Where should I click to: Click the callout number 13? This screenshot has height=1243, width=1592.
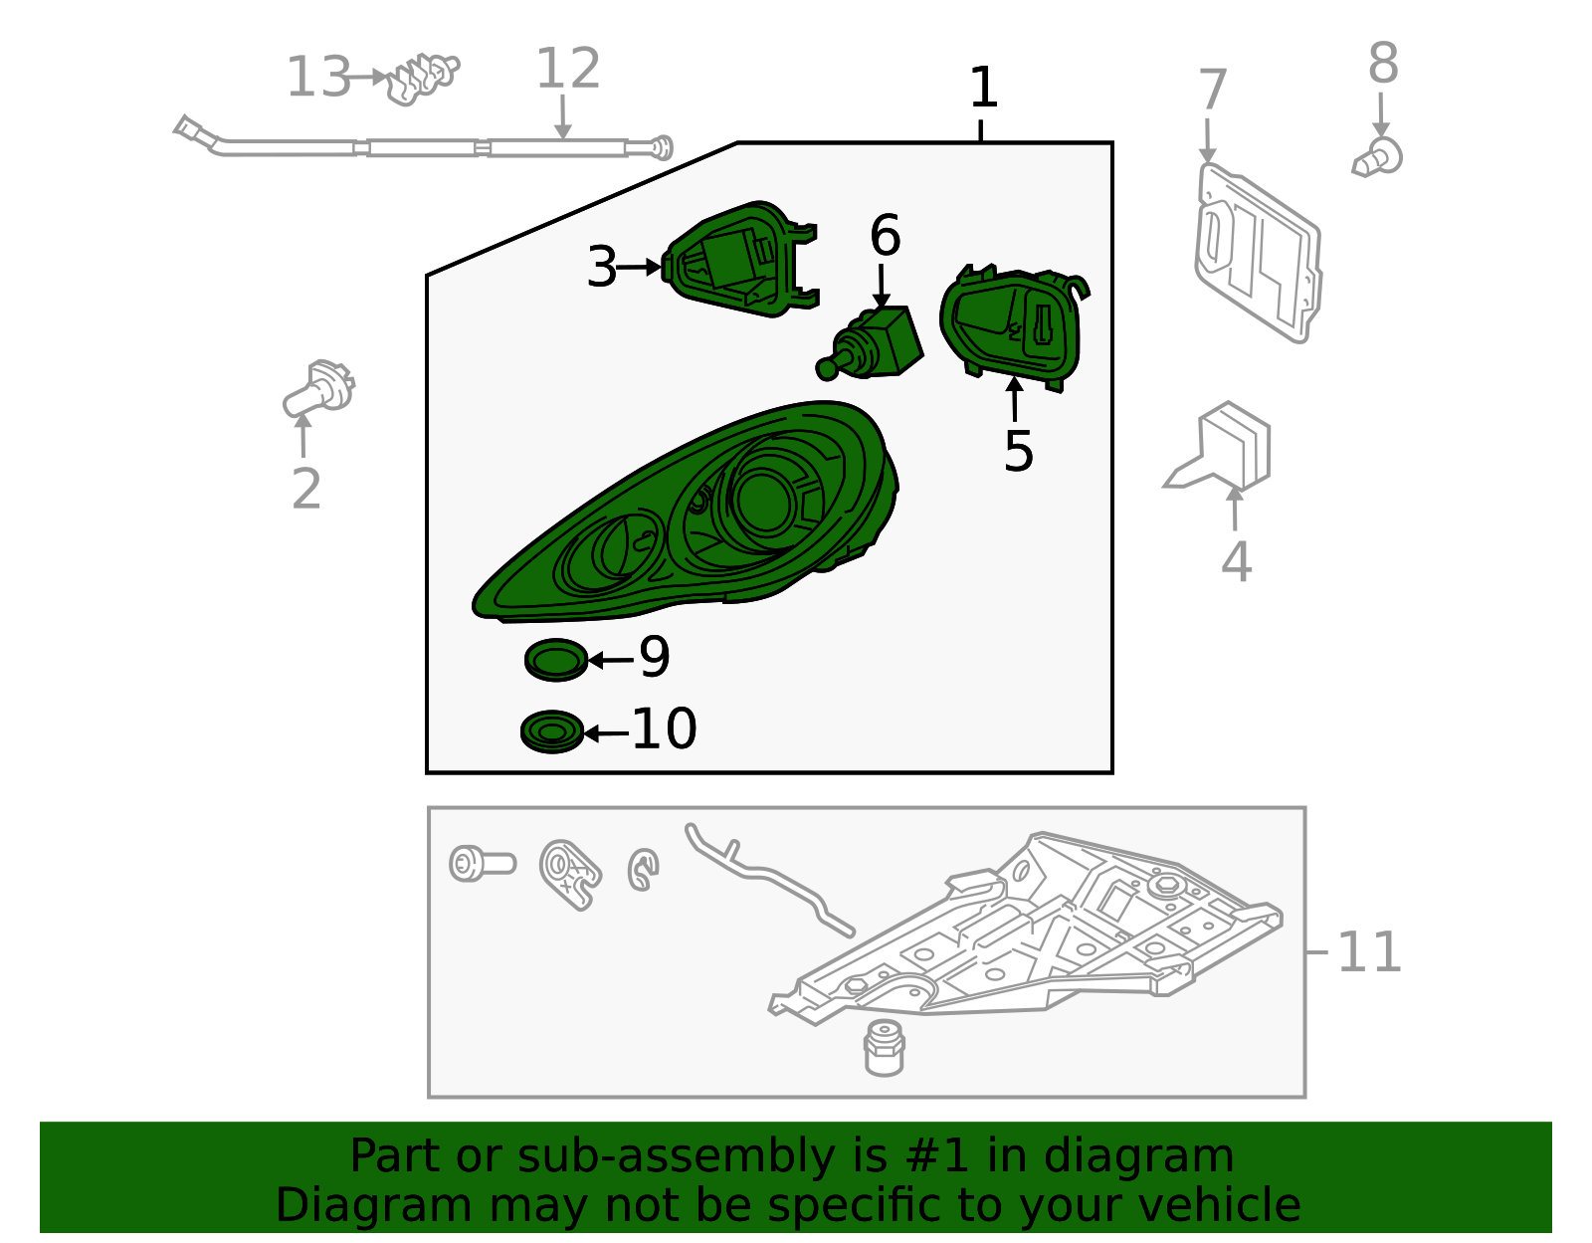click(x=318, y=77)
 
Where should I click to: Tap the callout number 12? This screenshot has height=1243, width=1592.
click(x=568, y=68)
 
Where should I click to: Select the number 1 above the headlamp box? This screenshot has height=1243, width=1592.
click(x=982, y=88)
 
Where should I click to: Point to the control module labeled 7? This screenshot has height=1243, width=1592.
click(x=1258, y=253)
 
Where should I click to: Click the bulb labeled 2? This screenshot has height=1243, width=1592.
click(x=319, y=389)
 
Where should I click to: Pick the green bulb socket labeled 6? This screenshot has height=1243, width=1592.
click(x=870, y=342)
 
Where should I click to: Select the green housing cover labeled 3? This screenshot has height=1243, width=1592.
click(x=740, y=259)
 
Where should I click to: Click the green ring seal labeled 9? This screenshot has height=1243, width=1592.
click(x=556, y=660)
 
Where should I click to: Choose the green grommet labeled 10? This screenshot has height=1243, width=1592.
click(x=551, y=731)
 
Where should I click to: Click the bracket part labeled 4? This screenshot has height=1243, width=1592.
click(x=1220, y=446)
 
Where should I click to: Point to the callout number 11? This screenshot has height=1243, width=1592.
click(x=1368, y=952)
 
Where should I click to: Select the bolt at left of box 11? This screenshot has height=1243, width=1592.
click(x=482, y=863)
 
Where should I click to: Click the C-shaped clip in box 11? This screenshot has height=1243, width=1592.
click(x=643, y=870)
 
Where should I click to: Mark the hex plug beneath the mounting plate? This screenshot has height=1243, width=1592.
click(x=884, y=1048)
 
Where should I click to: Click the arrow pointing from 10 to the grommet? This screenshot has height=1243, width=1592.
click(x=607, y=732)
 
